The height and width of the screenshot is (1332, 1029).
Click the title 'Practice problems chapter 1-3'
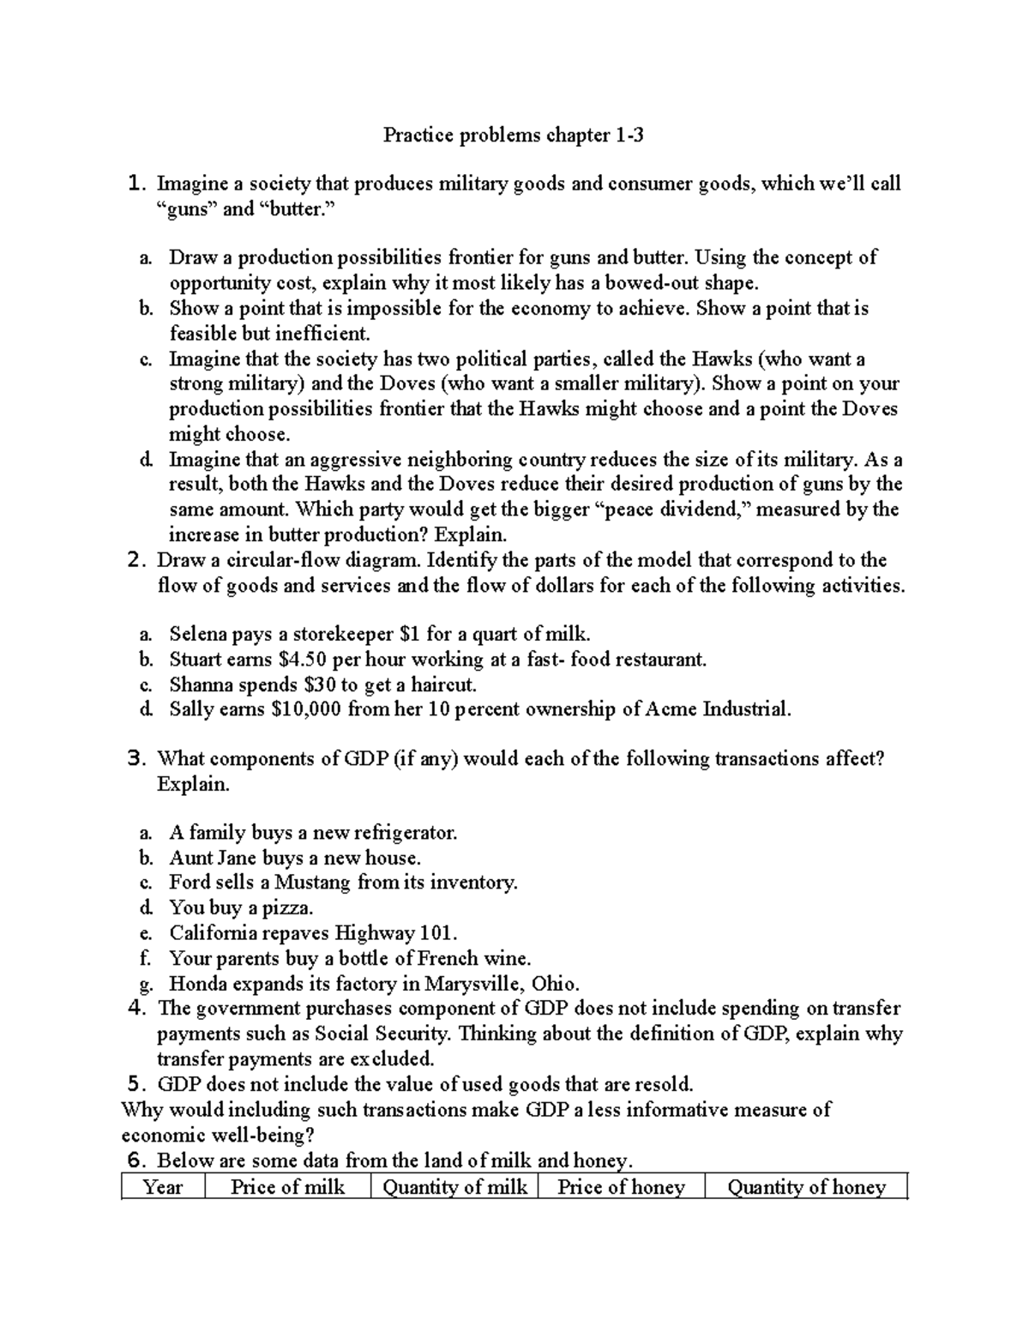pos(513,135)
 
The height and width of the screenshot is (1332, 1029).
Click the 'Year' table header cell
pos(163,1187)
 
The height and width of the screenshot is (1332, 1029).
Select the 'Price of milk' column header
pos(287,1187)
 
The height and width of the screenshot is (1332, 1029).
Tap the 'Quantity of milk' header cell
pos(454,1187)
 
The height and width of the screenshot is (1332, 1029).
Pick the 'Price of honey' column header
pos(621,1187)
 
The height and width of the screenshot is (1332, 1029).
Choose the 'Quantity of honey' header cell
pos(805,1187)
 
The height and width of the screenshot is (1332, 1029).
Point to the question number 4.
pos(136,1009)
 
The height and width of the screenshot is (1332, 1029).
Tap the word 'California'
pos(212,932)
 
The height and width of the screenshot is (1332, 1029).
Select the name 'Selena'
pos(198,635)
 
